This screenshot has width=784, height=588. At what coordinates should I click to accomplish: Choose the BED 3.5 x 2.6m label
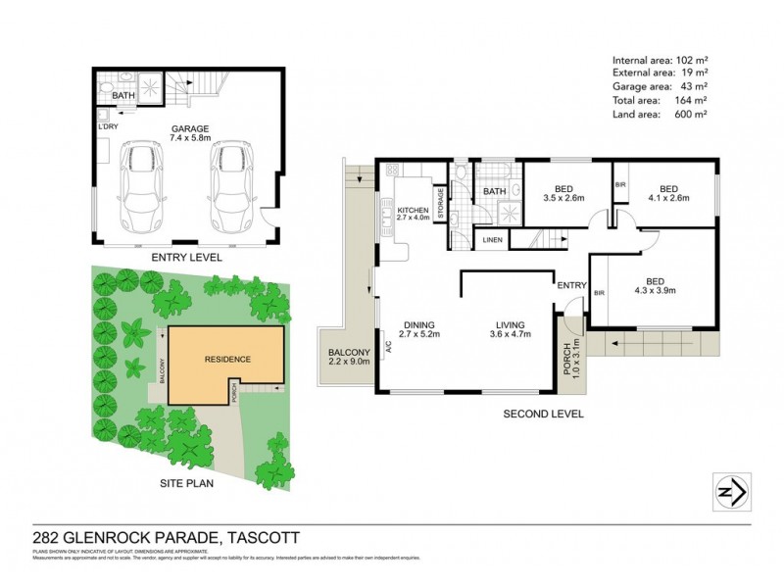point(563,193)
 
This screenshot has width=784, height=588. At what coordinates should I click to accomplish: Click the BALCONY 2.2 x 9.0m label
point(349,358)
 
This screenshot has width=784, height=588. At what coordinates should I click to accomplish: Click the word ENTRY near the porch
point(570,285)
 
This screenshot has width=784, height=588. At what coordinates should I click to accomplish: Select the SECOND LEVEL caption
point(543,414)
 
